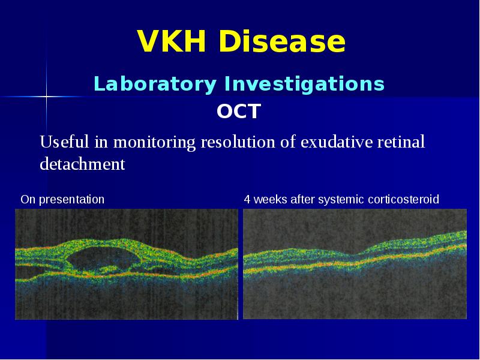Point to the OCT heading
[239, 112]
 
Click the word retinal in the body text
[403, 143]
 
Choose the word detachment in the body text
[82, 164]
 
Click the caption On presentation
[62, 199]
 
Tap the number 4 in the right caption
[247, 199]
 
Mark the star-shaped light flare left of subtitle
[46, 96]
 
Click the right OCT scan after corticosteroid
[355, 264]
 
